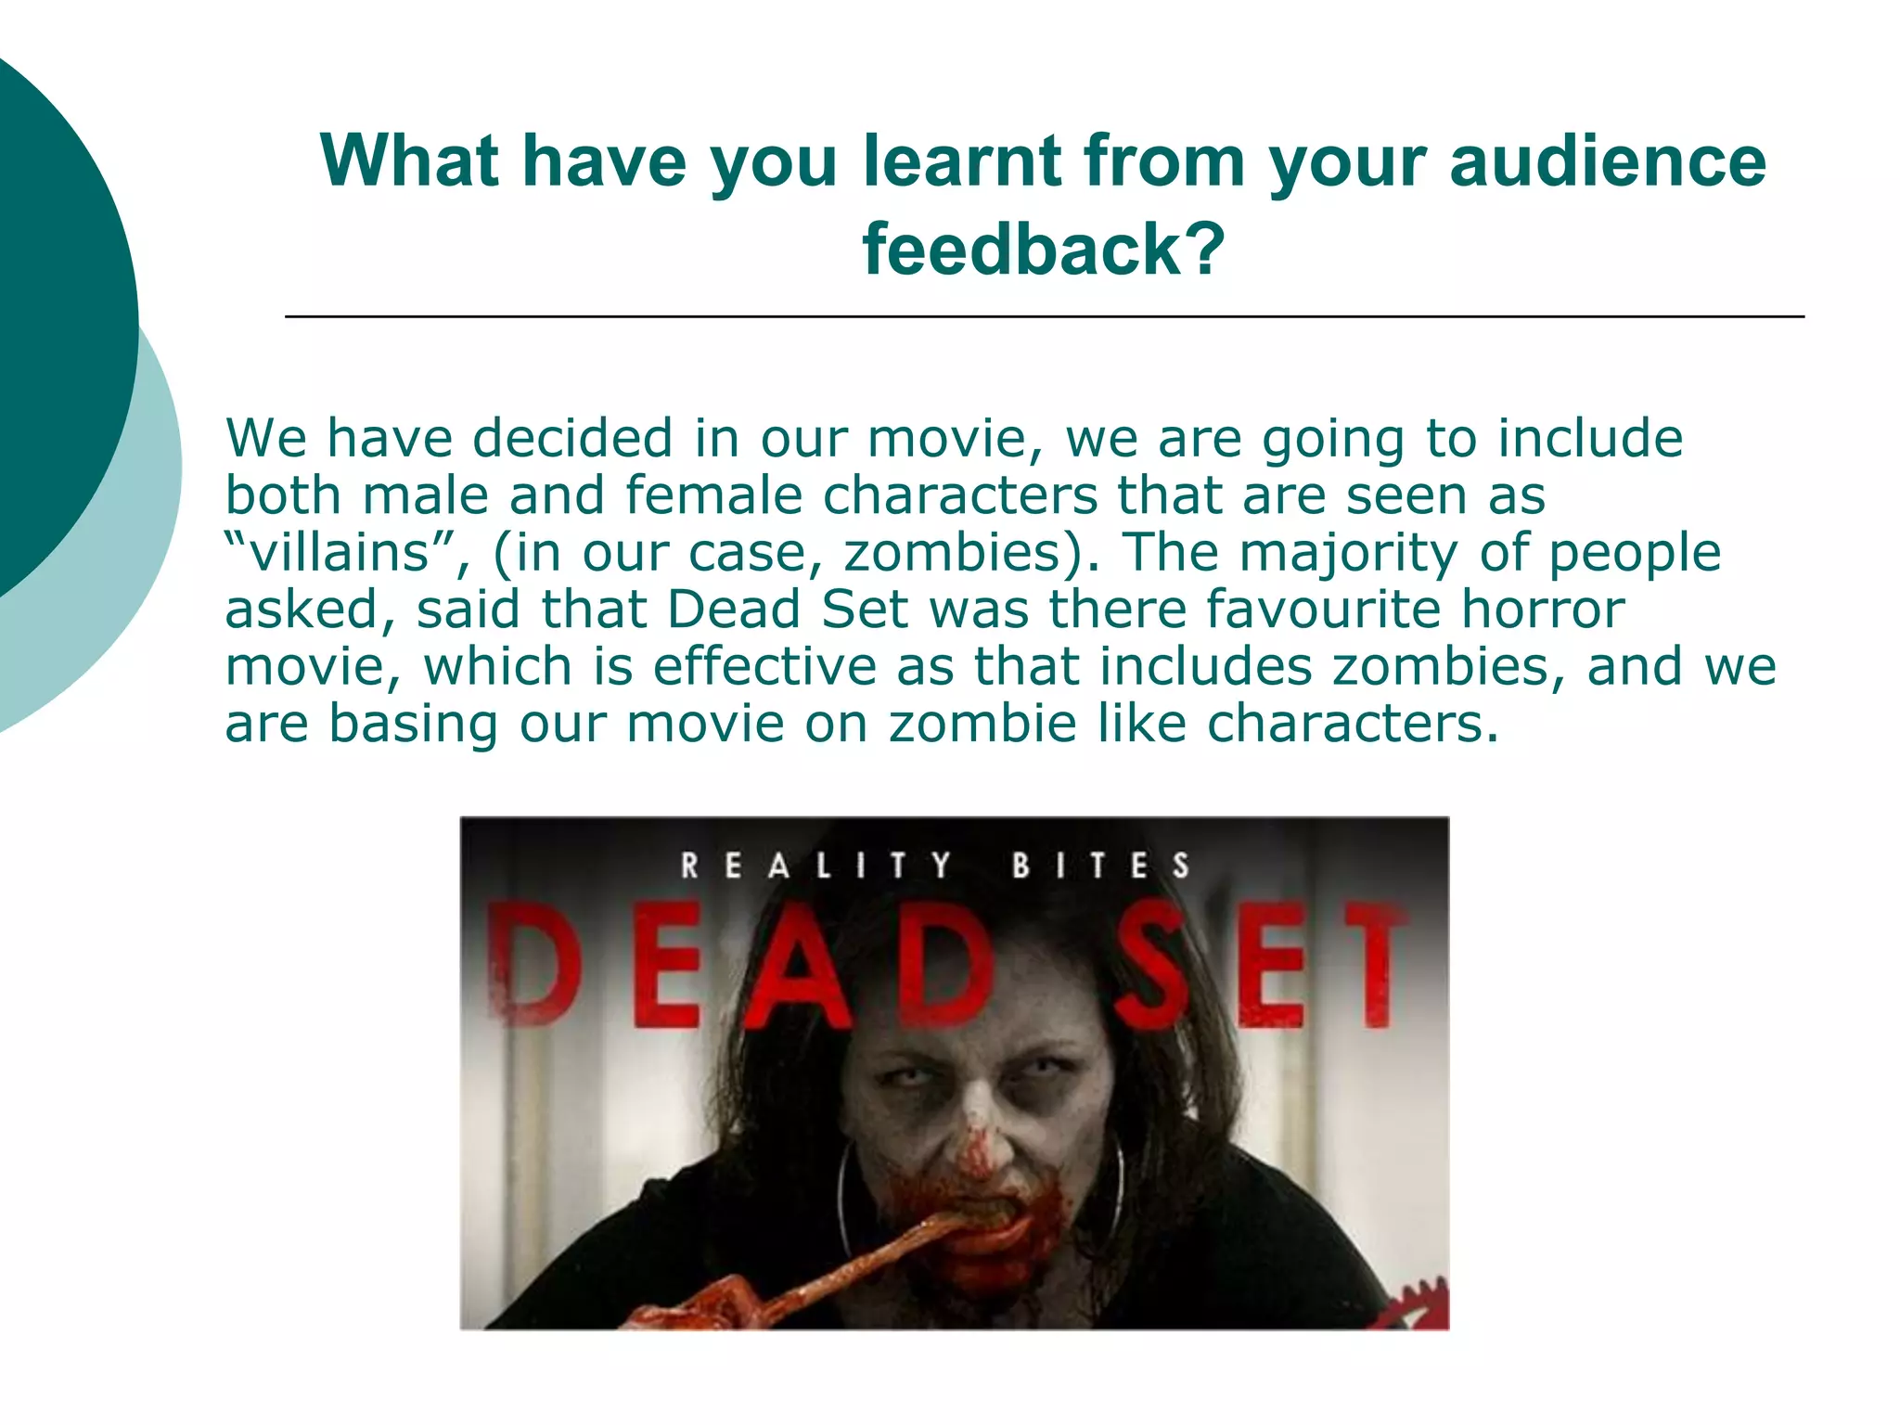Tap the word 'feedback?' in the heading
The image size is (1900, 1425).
[1044, 250]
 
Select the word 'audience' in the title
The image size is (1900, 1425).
[1608, 161]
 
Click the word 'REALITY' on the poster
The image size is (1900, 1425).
[815, 866]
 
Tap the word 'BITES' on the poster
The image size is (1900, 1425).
[1100, 866]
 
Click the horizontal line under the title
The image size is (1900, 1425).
[1044, 317]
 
